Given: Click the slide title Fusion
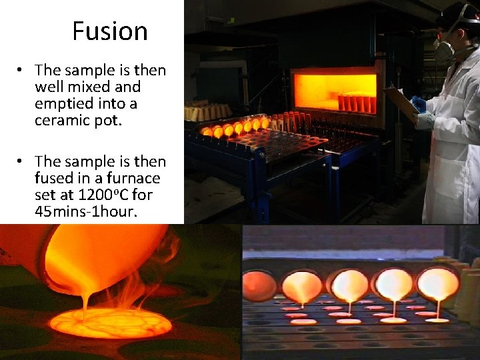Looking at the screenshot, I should click(x=109, y=31).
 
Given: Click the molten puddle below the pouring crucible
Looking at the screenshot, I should click(x=109, y=323).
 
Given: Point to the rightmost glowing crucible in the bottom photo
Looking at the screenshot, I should click(x=439, y=283).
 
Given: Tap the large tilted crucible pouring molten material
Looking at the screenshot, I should click(x=100, y=257).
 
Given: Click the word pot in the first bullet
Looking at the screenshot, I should click(x=101, y=121).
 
